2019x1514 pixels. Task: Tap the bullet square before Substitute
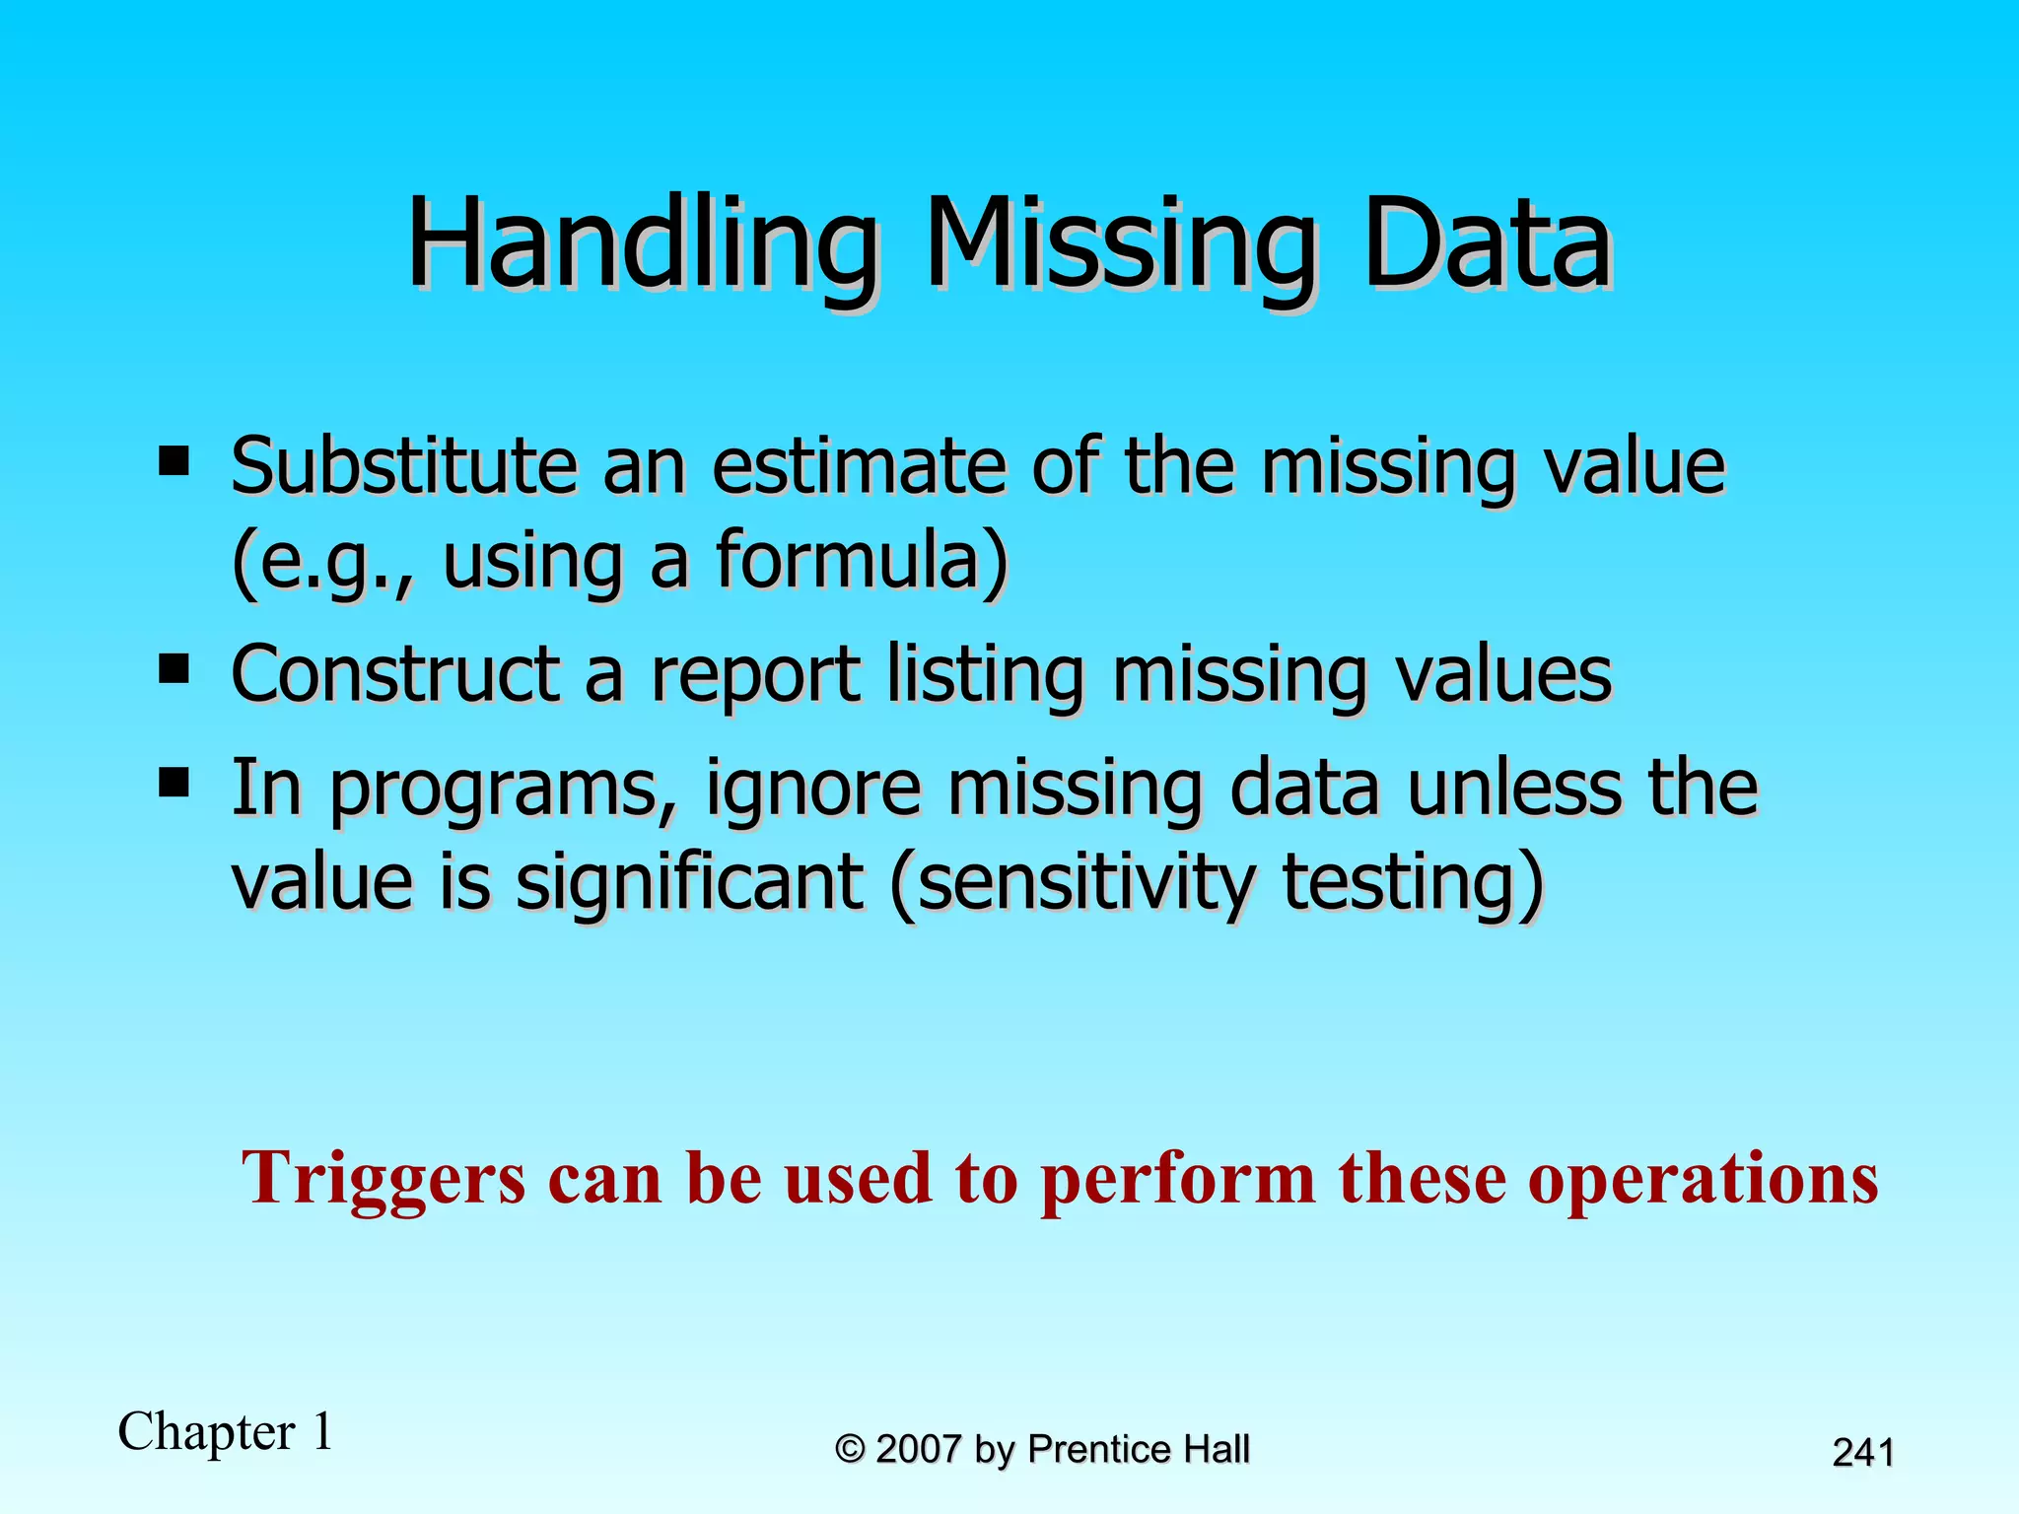[x=174, y=460]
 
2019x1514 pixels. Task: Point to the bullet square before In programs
[x=174, y=784]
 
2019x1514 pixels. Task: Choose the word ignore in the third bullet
[x=813, y=791]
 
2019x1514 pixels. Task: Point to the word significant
[x=689, y=881]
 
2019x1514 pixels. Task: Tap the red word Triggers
[x=384, y=1179]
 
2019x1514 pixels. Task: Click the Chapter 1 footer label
[x=226, y=1431]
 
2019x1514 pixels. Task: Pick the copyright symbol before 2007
[x=850, y=1449]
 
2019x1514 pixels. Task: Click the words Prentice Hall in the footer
[x=1139, y=1449]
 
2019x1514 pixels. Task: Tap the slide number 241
[x=1862, y=1453]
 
